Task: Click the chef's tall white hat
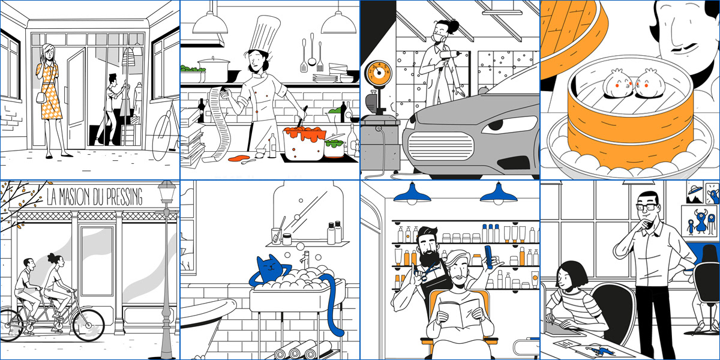pyautogui.click(x=264, y=34)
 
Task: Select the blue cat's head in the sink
pyautogui.click(x=269, y=266)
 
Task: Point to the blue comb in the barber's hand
pyautogui.click(x=489, y=257)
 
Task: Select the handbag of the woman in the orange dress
pyautogui.click(x=41, y=98)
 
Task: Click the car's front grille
pyautogui.click(x=440, y=146)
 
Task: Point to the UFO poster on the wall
pyautogui.click(x=694, y=192)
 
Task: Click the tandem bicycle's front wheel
pyautogui.click(x=88, y=325)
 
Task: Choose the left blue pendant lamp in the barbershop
pyautogui.click(x=412, y=194)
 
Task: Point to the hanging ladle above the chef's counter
pyautogui.click(x=312, y=49)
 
